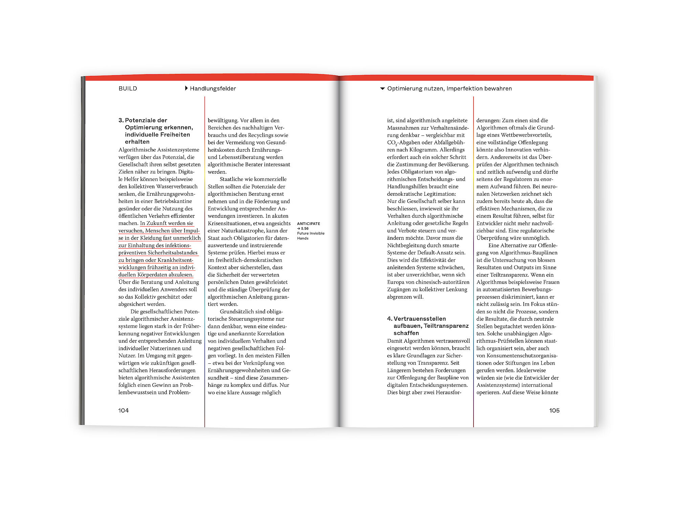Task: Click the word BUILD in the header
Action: (128, 89)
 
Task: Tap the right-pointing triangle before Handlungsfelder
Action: (186, 88)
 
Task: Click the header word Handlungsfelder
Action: (213, 89)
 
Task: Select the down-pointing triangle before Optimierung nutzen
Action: (383, 89)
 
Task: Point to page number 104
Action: (124, 410)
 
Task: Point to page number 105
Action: (554, 410)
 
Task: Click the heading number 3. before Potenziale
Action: (121, 120)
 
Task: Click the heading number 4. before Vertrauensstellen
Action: (390, 319)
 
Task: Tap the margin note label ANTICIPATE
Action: (308, 224)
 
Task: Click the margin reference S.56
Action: (304, 229)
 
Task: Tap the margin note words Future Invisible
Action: (310, 233)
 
